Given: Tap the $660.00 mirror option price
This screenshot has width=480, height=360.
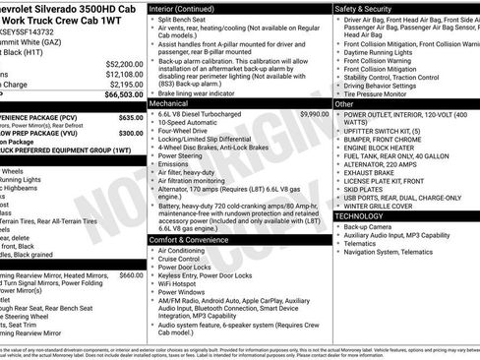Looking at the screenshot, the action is tap(131, 276).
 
